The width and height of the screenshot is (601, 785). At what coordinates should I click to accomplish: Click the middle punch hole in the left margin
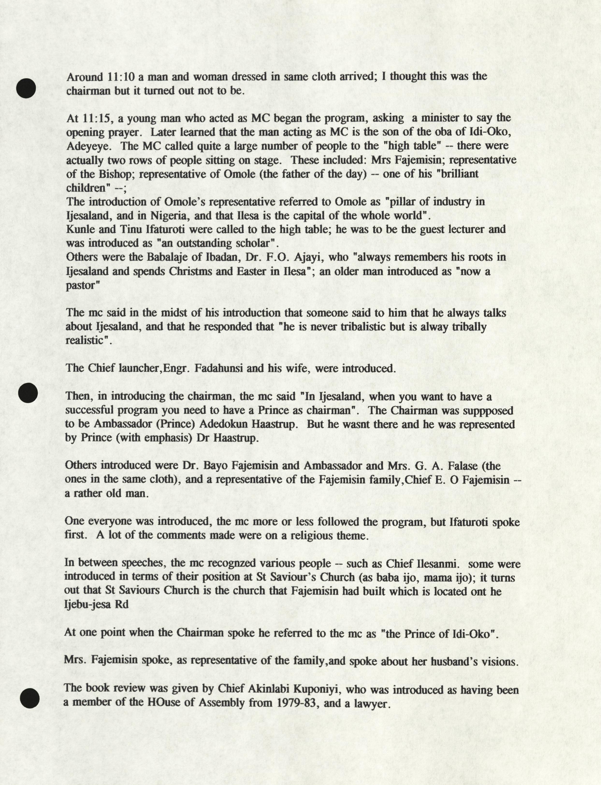point(28,393)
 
